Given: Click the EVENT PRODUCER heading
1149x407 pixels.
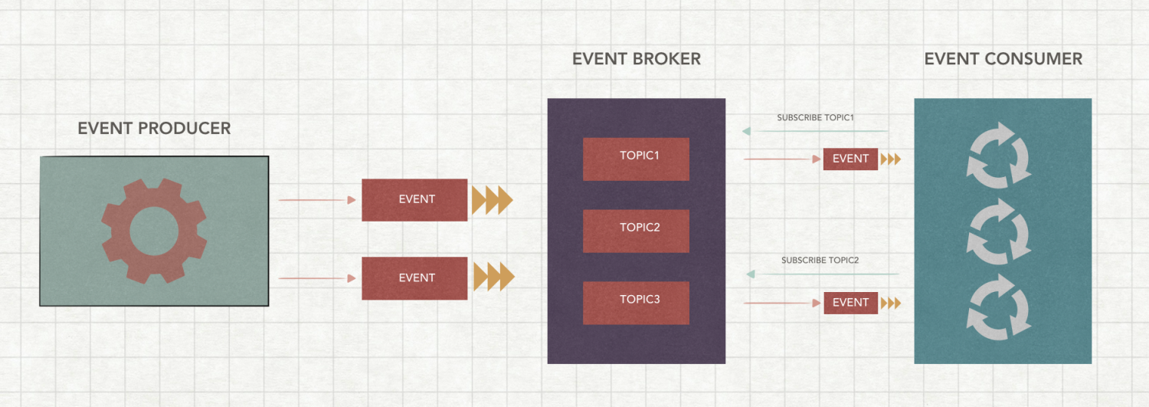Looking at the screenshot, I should [x=154, y=128].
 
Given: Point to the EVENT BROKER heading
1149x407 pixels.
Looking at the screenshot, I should [x=637, y=59].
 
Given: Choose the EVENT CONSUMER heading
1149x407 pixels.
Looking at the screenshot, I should [x=1003, y=59].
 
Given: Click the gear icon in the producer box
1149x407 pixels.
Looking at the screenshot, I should [x=154, y=231].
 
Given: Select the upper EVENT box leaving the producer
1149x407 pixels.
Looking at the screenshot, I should [x=414, y=200].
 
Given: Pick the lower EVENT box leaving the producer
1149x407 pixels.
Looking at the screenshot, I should [x=414, y=278].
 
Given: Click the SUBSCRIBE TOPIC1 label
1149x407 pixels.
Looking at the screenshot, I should [x=815, y=118].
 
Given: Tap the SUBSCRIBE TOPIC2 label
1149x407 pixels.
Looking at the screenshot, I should [x=820, y=261].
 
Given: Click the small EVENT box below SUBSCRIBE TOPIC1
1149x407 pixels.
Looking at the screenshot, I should [x=850, y=159].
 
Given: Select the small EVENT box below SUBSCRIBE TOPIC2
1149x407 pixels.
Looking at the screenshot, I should [x=850, y=303].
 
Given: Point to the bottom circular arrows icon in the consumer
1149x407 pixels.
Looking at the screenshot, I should [x=999, y=307].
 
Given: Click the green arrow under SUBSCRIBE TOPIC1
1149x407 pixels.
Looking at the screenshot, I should [x=815, y=131].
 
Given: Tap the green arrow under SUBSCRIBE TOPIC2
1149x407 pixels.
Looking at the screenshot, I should [x=823, y=274].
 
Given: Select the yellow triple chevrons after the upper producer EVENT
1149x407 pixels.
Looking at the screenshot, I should [x=491, y=200].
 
